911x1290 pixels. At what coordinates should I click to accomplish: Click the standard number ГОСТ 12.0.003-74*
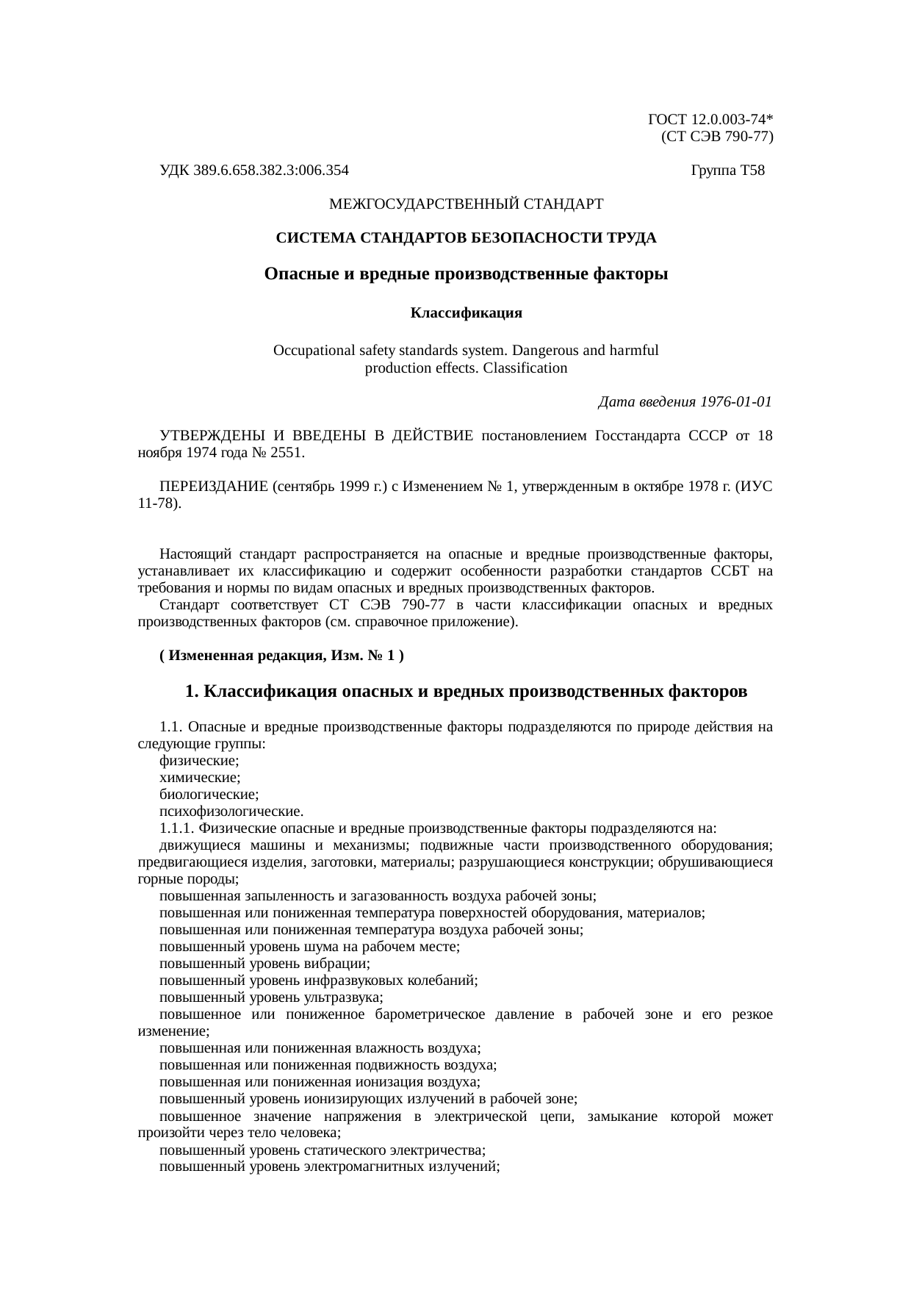pos(710,119)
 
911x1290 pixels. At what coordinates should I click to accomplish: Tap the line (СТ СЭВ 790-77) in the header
pos(716,136)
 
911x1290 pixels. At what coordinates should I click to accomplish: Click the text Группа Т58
pos(727,171)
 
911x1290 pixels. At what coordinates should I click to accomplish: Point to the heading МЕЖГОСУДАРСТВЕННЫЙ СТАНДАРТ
pos(466,203)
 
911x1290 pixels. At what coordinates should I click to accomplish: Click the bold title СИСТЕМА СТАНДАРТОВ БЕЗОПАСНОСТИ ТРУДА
pos(466,238)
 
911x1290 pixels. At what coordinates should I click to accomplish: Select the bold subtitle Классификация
pos(466,313)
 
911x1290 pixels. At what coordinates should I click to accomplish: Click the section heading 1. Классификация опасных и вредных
pos(466,692)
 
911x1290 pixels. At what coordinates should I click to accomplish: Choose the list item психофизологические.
pos(231,811)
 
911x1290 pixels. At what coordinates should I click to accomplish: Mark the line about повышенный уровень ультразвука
pos(271,997)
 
